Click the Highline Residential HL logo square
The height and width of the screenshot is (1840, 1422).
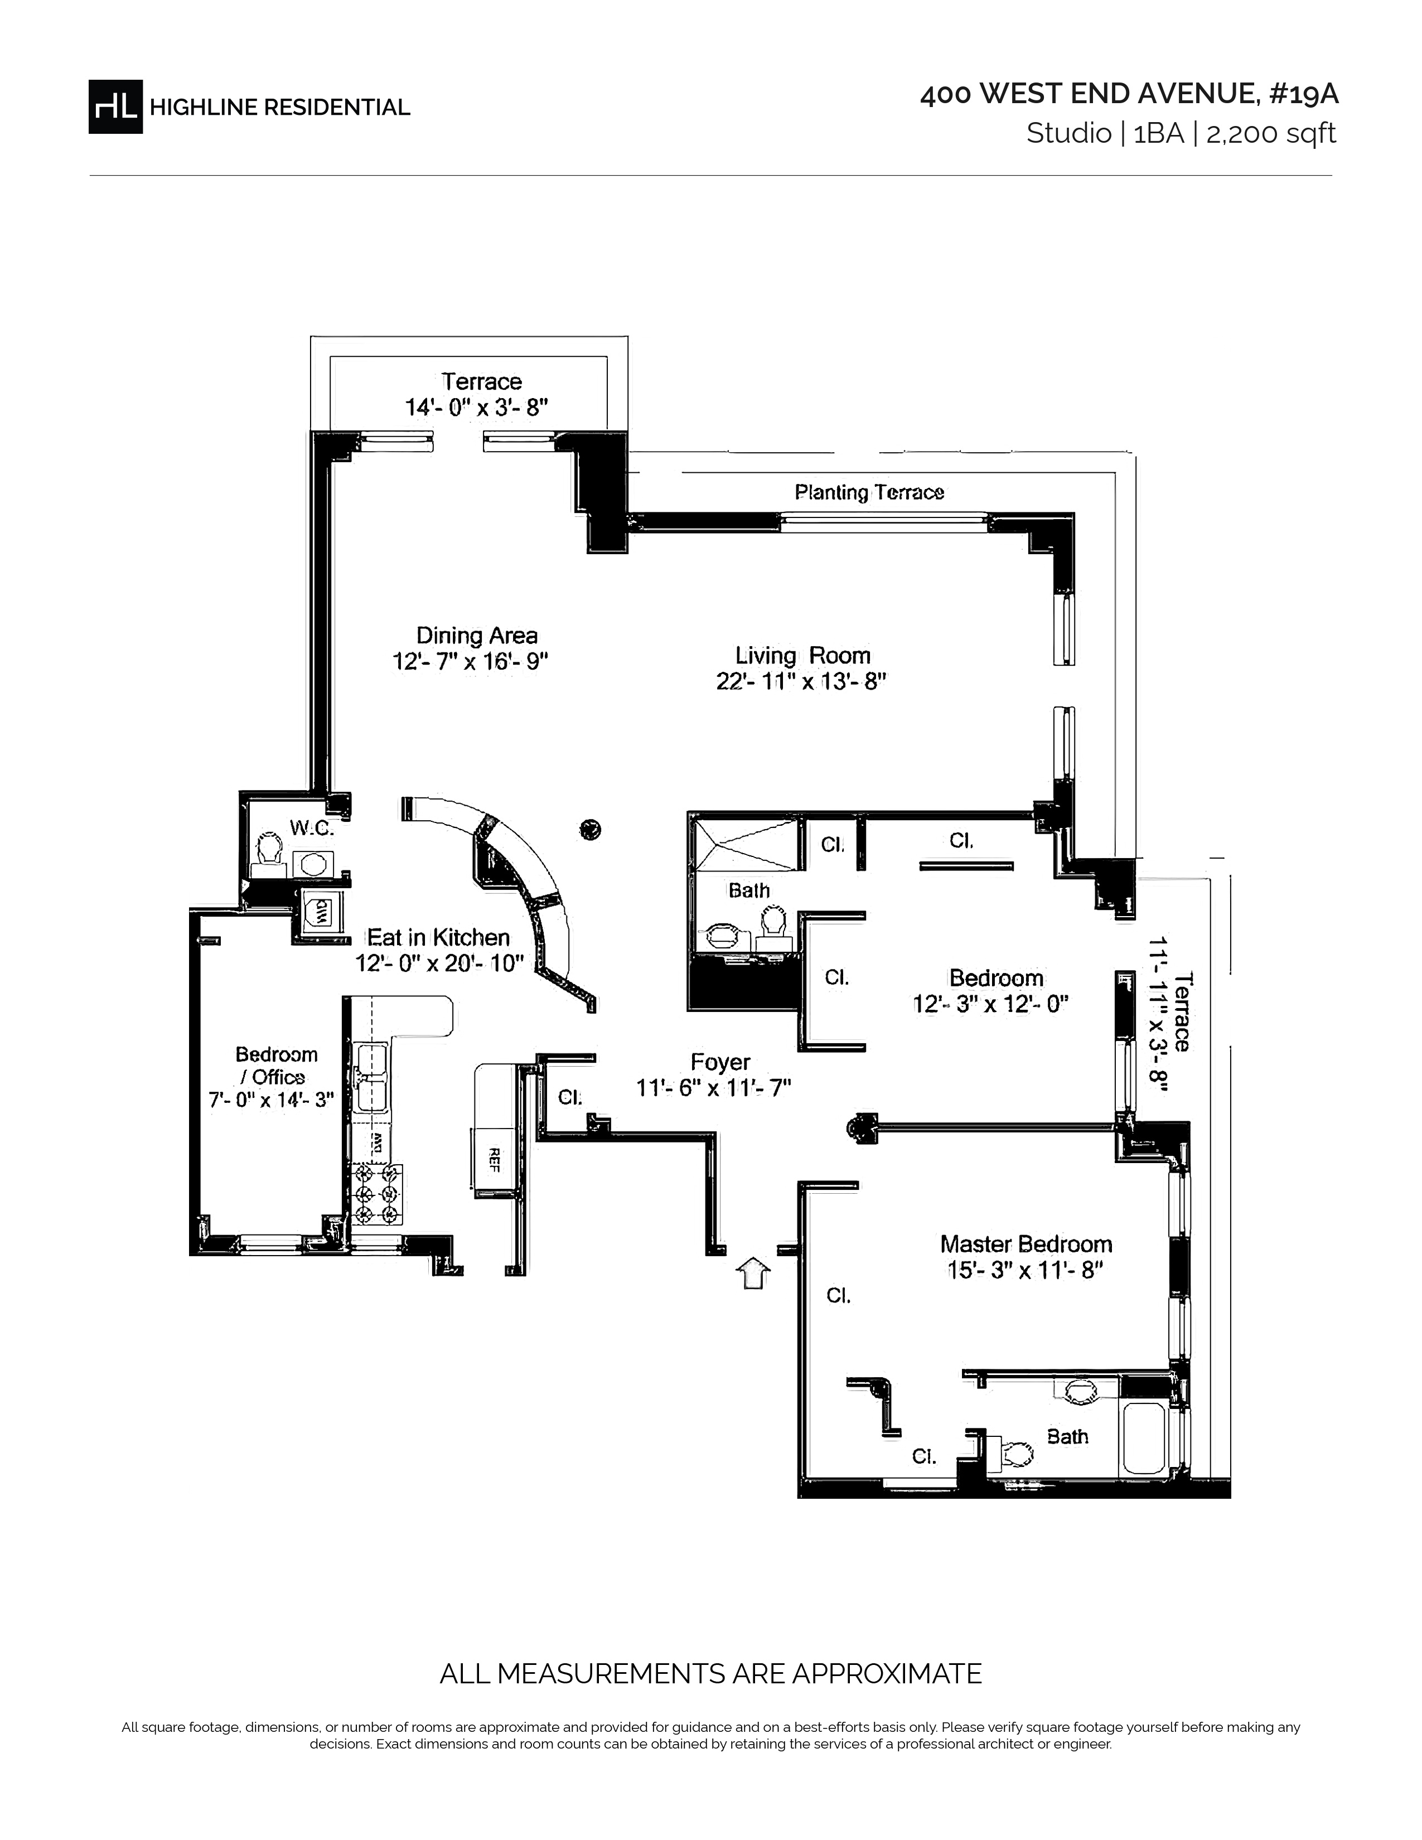click(115, 106)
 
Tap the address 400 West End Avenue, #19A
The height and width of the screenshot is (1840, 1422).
click(1129, 94)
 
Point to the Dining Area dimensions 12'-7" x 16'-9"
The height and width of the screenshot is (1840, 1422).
click(470, 661)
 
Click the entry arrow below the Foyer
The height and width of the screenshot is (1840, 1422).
click(753, 1272)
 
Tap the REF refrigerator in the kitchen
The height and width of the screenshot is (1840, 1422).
click(494, 1160)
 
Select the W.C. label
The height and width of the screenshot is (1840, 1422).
click(312, 828)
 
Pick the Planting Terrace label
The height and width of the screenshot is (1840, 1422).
click(868, 492)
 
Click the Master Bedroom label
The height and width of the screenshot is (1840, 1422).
click(1025, 1243)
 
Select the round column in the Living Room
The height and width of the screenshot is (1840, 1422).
click(591, 830)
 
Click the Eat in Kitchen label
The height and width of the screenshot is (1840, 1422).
click(437, 937)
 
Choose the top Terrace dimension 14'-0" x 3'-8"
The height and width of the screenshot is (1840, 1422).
click(476, 408)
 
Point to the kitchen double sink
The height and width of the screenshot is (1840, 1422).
click(371, 1078)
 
